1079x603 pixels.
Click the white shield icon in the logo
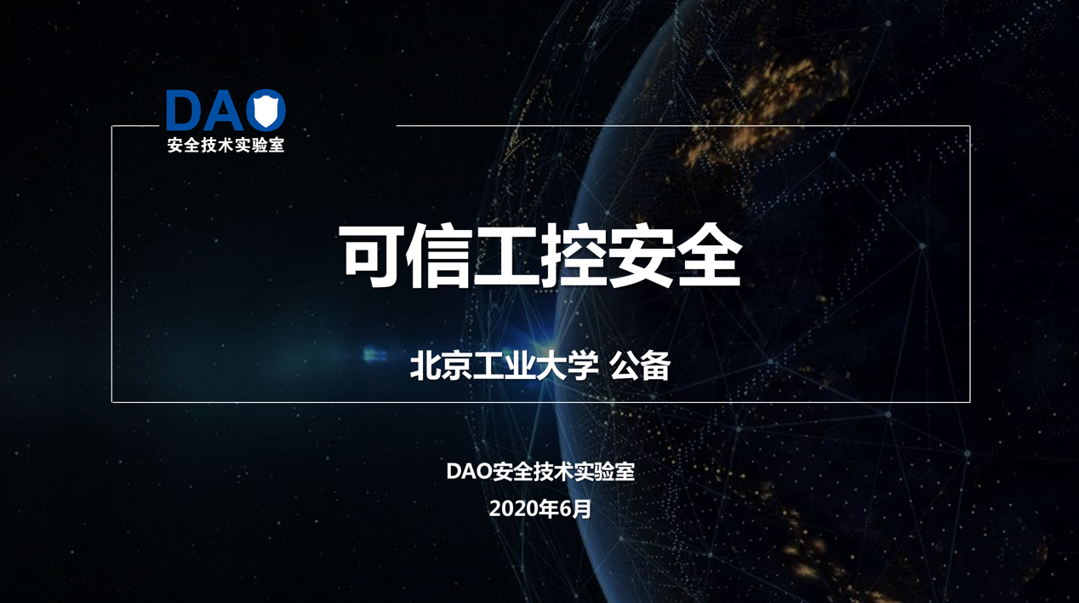coord(265,111)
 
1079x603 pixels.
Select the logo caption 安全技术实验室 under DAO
coord(226,145)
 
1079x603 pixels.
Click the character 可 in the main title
coord(371,256)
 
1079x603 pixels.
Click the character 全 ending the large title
coord(707,256)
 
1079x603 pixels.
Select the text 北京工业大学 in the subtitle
coord(505,365)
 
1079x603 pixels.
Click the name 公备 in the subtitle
coord(640,365)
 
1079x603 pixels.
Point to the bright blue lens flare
coord(374,355)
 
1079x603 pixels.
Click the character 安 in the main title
coord(640,256)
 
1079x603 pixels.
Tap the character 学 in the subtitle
coord(584,365)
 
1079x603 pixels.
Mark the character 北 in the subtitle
coord(425,365)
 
